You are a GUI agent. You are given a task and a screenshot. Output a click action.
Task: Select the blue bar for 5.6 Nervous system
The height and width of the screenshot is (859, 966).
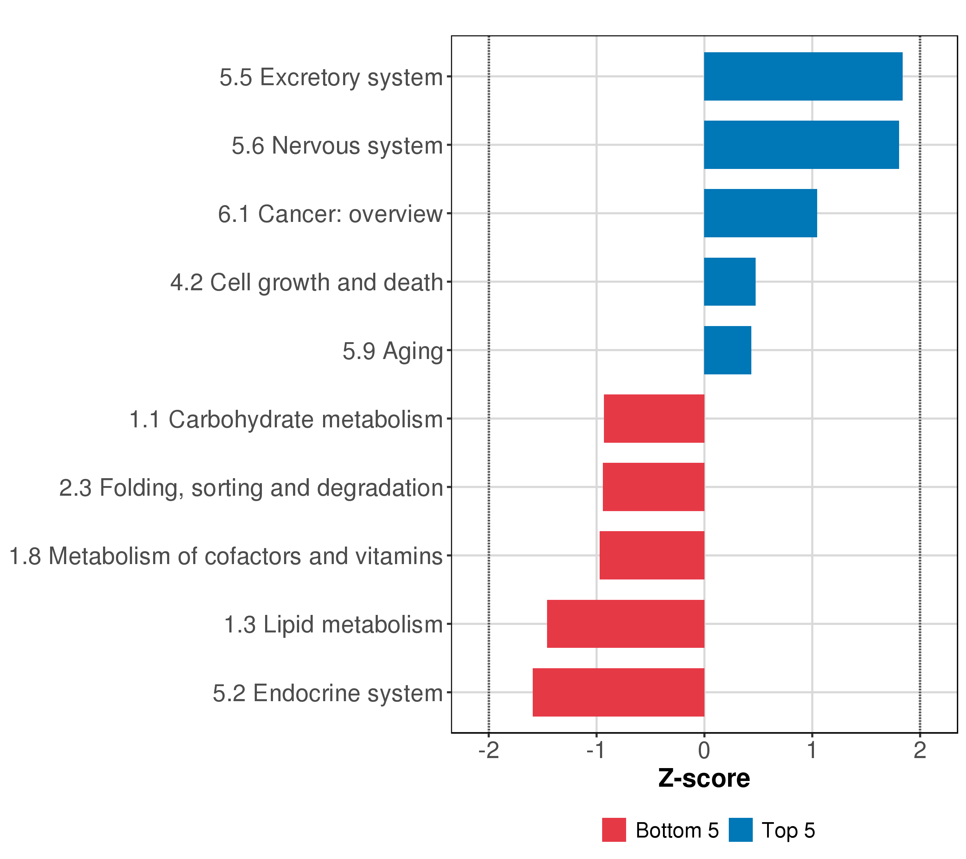click(x=801, y=145)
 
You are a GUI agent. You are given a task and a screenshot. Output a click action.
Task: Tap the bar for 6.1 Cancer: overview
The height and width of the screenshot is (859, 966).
click(x=760, y=213)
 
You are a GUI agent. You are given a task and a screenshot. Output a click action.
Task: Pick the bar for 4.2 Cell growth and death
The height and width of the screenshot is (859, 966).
click(x=730, y=282)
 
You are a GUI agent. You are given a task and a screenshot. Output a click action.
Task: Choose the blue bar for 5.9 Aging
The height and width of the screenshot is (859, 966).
click(x=727, y=350)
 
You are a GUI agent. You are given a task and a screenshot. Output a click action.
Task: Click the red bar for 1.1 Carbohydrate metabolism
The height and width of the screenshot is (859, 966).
click(x=654, y=418)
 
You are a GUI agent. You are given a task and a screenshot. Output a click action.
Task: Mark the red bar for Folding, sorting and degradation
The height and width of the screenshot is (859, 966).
click(x=654, y=487)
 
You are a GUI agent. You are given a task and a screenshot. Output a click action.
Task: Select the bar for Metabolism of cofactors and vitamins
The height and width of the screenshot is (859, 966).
click(x=652, y=555)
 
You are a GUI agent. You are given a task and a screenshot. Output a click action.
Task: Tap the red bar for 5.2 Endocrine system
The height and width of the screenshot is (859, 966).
click(x=618, y=692)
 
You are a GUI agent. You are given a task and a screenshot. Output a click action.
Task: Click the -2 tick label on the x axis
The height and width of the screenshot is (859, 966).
click(x=489, y=750)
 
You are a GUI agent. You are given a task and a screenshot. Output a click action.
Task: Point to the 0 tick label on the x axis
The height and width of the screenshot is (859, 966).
click(x=704, y=750)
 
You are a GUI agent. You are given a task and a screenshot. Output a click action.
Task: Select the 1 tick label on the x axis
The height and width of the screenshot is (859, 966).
click(x=812, y=750)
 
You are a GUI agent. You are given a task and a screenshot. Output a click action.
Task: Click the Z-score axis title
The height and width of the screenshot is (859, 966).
click(x=704, y=778)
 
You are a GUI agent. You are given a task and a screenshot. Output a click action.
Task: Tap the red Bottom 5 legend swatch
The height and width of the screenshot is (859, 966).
click(x=614, y=830)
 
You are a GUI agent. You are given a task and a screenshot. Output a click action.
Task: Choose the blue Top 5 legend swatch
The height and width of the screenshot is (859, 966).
click(x=741, y=830)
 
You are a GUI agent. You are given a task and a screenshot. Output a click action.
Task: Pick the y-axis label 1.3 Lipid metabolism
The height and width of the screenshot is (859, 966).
click(x=333, y=625)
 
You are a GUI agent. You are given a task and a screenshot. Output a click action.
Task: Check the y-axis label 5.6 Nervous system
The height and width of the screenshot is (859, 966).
click(x=337, y=146)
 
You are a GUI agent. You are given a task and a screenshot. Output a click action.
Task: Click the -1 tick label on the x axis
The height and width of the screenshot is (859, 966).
click(x=595, y=750)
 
